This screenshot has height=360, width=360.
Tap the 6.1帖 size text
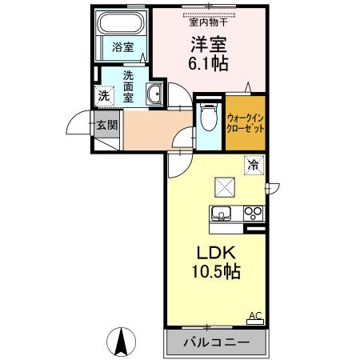tap(207, 62)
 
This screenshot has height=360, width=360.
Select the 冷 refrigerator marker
tap(253, 166)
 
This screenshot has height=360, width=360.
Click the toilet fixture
tap(207, 117)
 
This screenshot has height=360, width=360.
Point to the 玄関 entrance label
tap(106, 126)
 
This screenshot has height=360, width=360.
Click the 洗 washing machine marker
tap(104, 96)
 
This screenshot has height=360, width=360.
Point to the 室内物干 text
tap(207, 21)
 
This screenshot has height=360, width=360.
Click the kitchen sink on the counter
tap(220, 213)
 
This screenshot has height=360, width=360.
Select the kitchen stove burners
tap(254, 213)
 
